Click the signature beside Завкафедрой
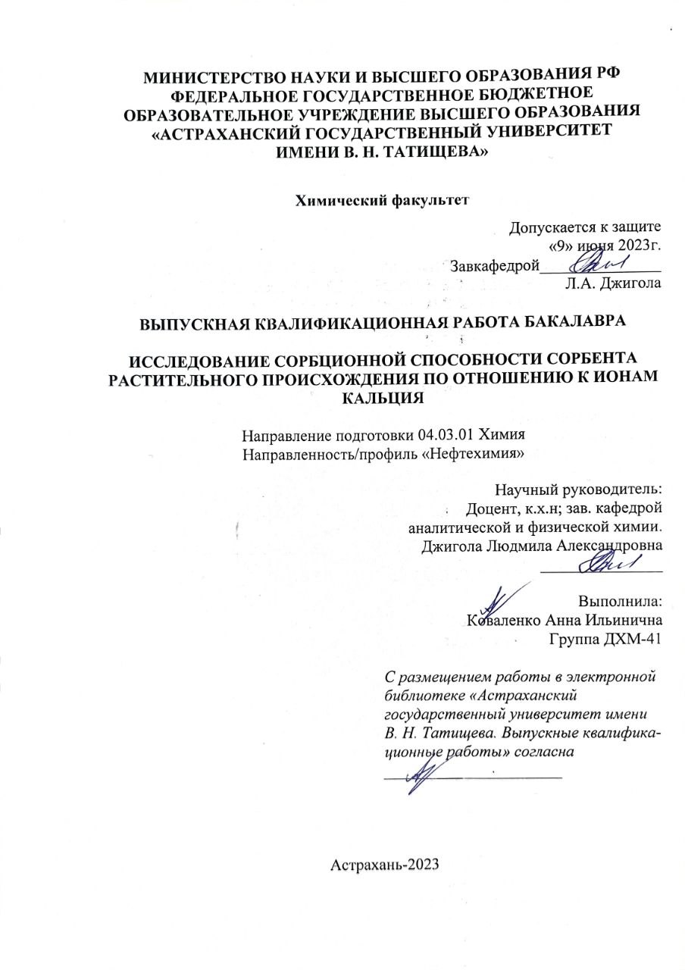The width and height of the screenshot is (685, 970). (x=598, y=263)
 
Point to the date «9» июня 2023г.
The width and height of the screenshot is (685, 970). (x=605, y=245)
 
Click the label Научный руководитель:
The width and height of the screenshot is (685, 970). (x=578, y=489)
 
